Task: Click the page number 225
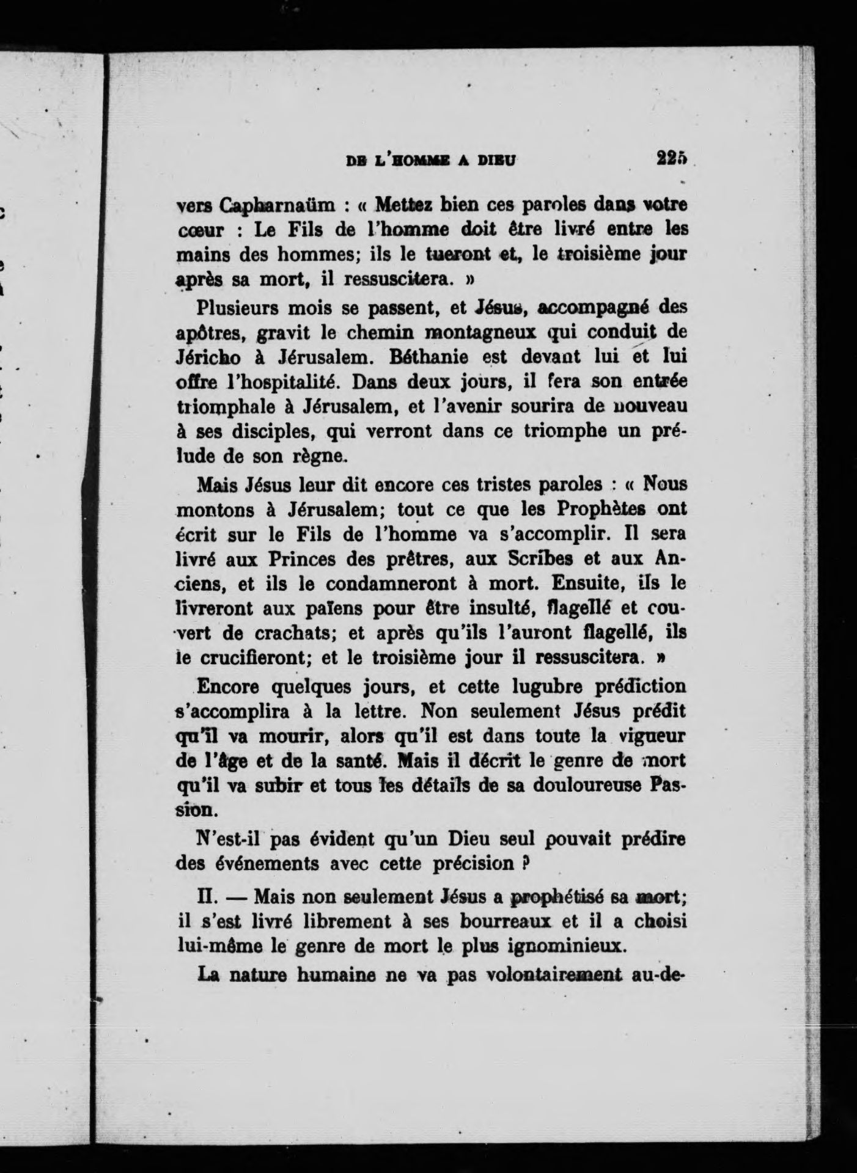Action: pos(672,158)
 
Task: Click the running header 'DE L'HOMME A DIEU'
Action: pos(431,161)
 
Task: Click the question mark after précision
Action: pos(523,863)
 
